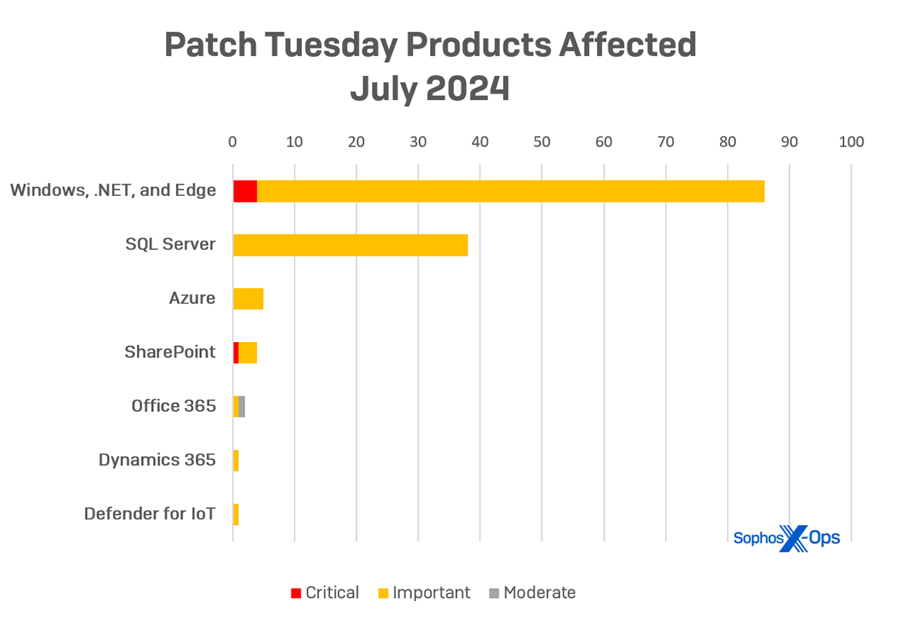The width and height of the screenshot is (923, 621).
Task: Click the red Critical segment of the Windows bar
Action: tap(245, 191)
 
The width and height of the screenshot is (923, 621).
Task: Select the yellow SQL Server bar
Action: tap(350, 245)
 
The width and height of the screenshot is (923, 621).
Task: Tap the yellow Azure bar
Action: tap(248, 299)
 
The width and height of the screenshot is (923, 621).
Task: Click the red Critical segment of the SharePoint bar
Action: tap(235, 353)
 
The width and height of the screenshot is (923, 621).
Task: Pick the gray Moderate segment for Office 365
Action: tap(242, 407)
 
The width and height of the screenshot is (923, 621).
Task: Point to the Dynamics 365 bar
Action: tap(235, 460)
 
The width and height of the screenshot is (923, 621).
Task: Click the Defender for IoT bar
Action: tap(235, 514)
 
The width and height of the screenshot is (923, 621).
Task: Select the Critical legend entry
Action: tap(324, 593)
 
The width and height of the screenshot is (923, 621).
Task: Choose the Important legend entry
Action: tap(424, 593)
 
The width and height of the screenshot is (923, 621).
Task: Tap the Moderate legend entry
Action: tap(531, 593)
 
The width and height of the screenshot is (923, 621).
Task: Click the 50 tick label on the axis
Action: tap(541, 142)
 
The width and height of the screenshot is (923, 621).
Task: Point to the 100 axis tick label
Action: tap(851, 142)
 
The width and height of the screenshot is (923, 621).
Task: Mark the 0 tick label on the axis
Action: tap(232, 142)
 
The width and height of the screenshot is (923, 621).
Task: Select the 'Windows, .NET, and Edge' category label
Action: tap(113, 191)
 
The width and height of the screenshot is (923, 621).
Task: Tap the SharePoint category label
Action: tap(170, 352)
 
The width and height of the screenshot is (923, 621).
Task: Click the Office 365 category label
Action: tap(173, 406)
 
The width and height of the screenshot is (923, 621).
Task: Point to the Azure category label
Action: tap(192, 298)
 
